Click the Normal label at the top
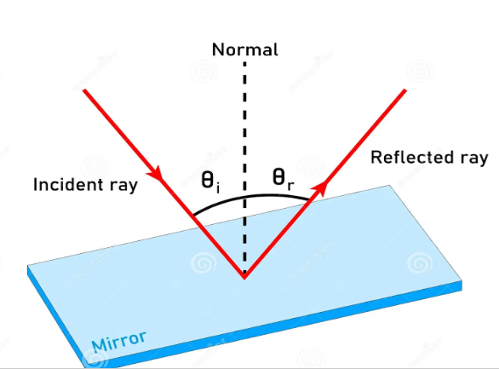tap(244, 49)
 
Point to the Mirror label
tap(118, 341)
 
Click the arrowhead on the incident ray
tap(156, 174)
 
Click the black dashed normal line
tap(244, 128)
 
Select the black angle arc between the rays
tap(247, 195)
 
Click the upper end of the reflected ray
tap(405, 89)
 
